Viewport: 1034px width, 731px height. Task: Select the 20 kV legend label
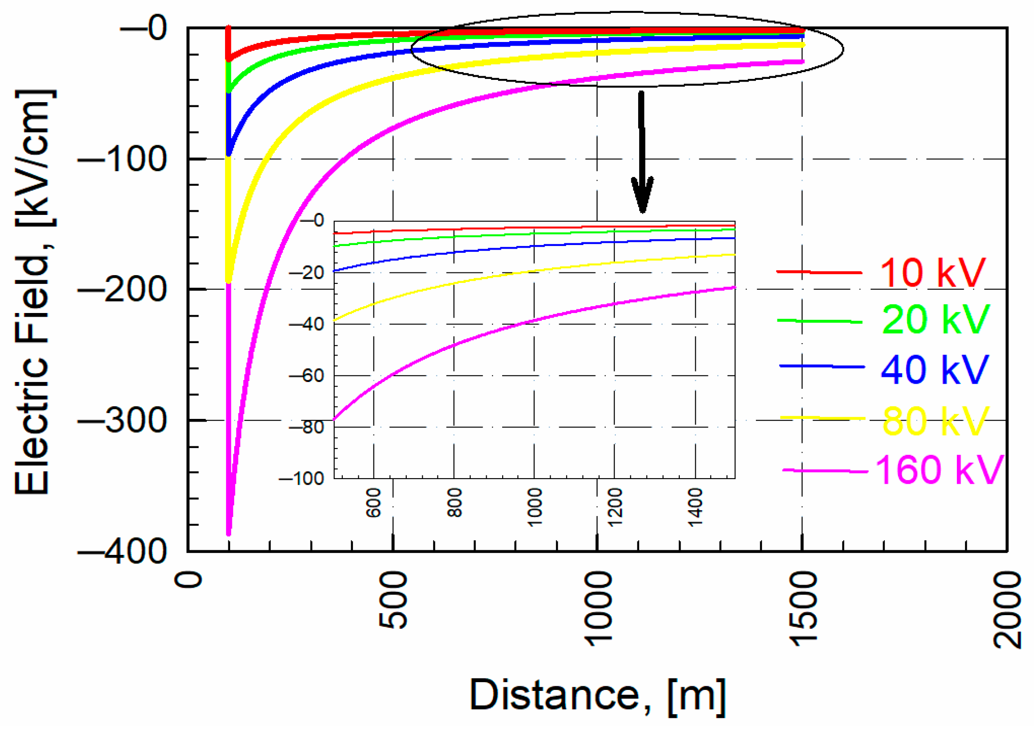935,319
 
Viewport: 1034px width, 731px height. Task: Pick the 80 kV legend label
935,421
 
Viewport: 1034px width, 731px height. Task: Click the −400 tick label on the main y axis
122,551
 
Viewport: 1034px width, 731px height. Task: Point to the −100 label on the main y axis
122,159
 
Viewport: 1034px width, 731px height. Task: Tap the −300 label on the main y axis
122,420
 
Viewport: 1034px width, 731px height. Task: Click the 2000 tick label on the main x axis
1006,609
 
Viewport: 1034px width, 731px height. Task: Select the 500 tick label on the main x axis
393,600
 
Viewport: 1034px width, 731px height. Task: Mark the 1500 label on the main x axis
803,609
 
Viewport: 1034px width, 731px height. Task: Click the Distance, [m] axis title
597,695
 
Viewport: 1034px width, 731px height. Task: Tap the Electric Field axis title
33,292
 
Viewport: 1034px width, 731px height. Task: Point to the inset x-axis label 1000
535,506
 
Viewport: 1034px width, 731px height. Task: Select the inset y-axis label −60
307,376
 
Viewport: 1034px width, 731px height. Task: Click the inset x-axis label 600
373,502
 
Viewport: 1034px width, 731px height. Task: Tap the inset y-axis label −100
302,479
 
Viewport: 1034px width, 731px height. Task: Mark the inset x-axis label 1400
695,506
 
